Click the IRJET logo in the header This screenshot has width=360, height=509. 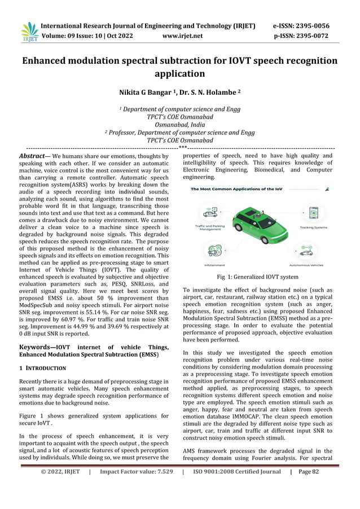click(29, 32)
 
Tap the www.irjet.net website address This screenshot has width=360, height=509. click(182, 36)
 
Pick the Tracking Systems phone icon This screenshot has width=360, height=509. click(313, 213)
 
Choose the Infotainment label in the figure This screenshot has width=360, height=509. click(214, 265)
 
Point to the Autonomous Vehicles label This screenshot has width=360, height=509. click(307, 265)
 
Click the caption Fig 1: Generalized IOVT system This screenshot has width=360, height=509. click(258, 278)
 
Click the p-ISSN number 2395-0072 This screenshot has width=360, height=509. click(314, 36)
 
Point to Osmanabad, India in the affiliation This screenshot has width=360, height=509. click(179, 125)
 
